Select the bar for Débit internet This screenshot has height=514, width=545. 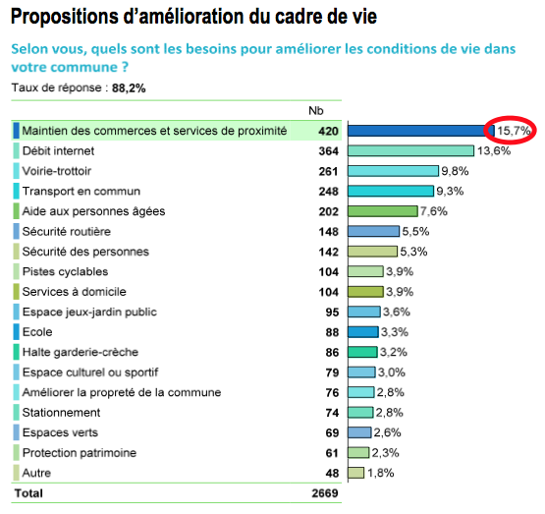pyautogui.click(x=410, y=151)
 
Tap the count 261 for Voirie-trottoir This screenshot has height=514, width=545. pyautogui.click(x=328, y=171)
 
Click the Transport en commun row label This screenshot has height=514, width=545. pyautogui.click(x=82, y=192)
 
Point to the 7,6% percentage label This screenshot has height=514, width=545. pyautogui.click(x=434, y=211)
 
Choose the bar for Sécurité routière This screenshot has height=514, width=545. pyautogui.click(x=374, y=231)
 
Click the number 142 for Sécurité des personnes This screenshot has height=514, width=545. pyautogui.click(x=328, y=252)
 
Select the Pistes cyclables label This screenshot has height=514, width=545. pyautogui.click(x=66, y=271)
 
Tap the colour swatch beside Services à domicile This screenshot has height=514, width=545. pyautogui.click(x=17, y=292)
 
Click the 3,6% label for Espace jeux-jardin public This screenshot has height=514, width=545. pyautogui.click(x=397, y=312)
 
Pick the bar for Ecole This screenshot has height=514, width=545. pyautogui.click(x=363, y=332)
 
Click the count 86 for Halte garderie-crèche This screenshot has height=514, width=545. pyautogui.click(x=332, y=353)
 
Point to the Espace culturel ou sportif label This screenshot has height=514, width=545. pyautogui.click(x=90, y=372)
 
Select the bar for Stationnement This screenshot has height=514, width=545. pyautogui.click(x=360, y=413)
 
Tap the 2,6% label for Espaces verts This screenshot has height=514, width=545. pyautogui.click(x=388, y=432)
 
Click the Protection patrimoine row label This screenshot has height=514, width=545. pyautogui.click(x=80, y=453)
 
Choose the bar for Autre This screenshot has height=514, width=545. pyautogui.click(x=355, y=473)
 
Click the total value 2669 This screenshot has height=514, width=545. pyautogui.click(x=325, y=493)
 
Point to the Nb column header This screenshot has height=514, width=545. pyautogui.click(x=316, y=111)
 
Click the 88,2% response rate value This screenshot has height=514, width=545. pyautogui.click(x=129, y=88)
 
